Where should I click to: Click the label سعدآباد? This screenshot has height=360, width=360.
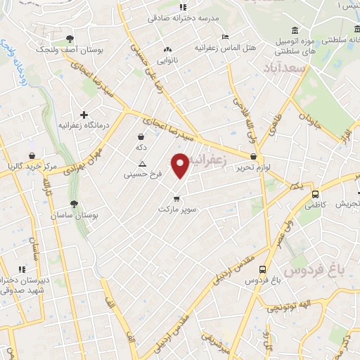[x=287, y=68]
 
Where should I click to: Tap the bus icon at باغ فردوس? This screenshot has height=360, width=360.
[x=263, y=269]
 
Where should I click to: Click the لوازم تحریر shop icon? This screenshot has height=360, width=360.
[x=253, y=156]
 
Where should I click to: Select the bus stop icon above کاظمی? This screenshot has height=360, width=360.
[x=315, y=194]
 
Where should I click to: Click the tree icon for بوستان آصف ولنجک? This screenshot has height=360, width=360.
[x=69, y=39]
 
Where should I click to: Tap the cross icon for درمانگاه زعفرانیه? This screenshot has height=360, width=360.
[x=84, y=114]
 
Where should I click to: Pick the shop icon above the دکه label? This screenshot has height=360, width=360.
[x=141, y=136]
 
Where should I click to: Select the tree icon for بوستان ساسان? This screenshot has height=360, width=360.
[x=74, y=203]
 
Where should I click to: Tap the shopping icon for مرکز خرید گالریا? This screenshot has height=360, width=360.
[x=32, y=155]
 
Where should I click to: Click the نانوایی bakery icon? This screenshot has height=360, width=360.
[x=167, y=50]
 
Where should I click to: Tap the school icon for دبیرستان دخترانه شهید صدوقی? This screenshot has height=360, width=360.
[x=22, y=269]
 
